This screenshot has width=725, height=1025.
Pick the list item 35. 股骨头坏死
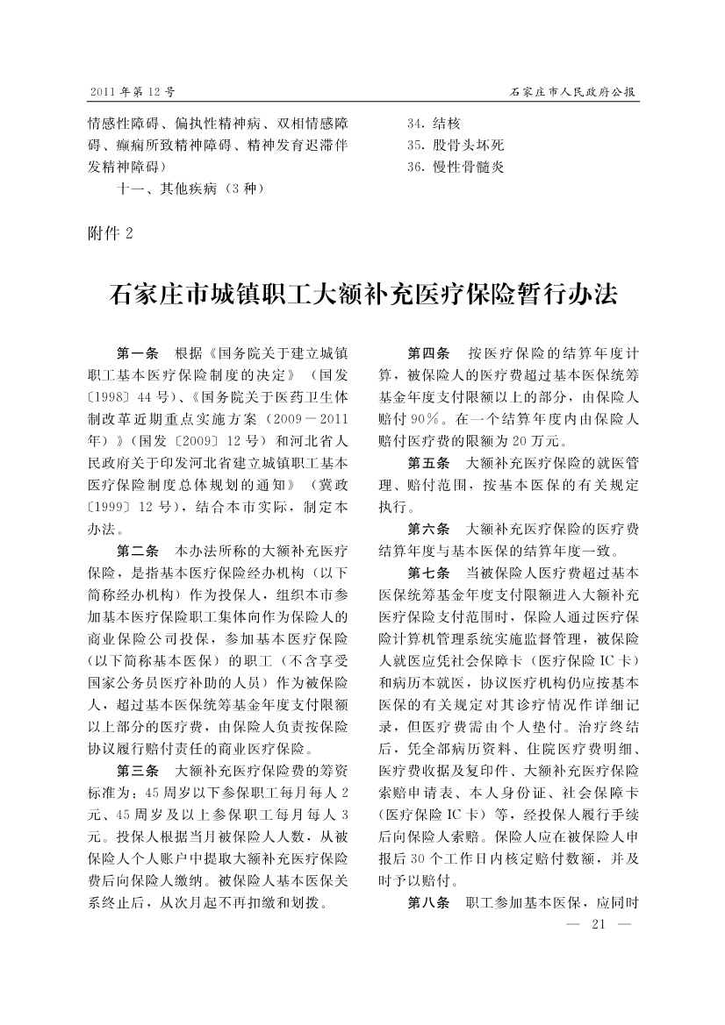456,145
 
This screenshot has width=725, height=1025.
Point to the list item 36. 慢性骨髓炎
456,166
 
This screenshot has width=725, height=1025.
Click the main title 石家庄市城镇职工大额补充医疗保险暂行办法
362,293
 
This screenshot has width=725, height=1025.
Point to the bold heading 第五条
429,463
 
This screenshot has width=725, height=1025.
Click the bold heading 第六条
429,530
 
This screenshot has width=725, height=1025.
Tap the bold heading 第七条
429,573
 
